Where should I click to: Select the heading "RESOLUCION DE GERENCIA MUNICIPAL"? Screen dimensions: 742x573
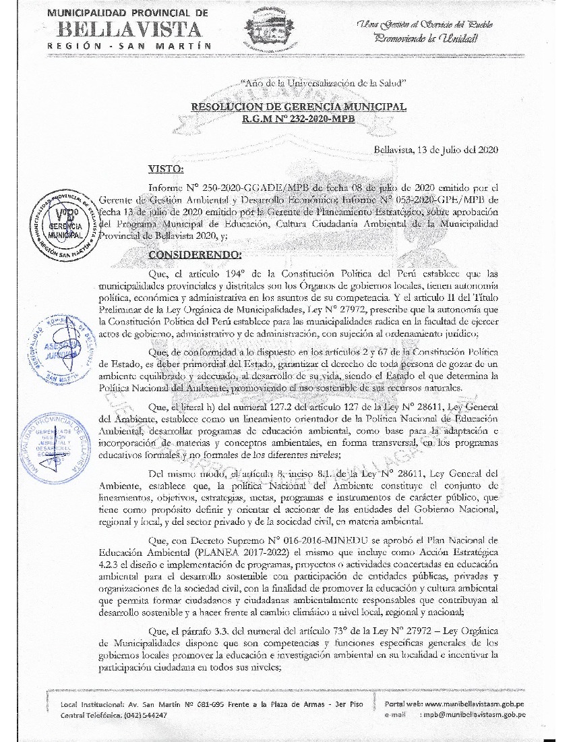(x=299, y=107)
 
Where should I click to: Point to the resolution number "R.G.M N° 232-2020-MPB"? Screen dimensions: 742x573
(x=299, y=118)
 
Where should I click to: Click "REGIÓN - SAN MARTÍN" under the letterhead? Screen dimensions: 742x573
(x=129, y=45)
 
